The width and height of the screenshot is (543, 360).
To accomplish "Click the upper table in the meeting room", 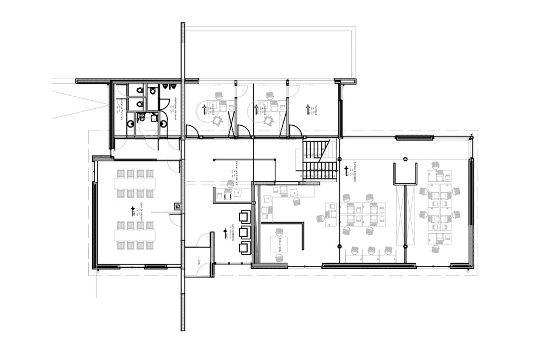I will [x=134, y=183].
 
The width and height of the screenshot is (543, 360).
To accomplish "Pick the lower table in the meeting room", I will [x=134, y=235].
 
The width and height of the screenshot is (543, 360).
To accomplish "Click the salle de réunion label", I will [x=138, y=210].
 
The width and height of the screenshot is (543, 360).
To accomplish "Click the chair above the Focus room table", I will [x=278, y=232].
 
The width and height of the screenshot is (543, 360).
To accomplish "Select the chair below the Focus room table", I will [x=278, y=258].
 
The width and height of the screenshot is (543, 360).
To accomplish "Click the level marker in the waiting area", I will [x=225, y=232].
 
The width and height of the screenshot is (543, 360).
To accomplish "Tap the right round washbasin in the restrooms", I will [x=164, y=124].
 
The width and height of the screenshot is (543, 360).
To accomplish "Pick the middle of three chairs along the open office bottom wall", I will [x=371, y=250].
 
